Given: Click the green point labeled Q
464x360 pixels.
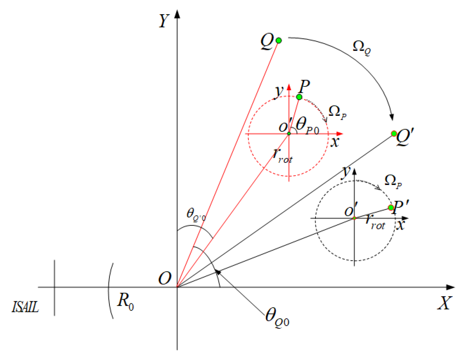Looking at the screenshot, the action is point(278,40).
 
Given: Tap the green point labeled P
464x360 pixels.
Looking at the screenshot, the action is point(299,97).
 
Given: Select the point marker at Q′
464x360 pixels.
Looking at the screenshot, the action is point(394,134).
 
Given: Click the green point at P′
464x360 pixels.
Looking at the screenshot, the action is point(391,207).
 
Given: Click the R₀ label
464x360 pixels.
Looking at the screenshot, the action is point(125,301).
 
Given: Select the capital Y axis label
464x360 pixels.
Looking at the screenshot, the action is point(164,21).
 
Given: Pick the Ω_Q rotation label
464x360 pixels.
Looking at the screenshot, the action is point(361,47).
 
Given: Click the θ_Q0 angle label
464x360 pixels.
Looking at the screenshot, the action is point(277,317).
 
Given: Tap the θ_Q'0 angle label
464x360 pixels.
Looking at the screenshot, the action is point(196,215).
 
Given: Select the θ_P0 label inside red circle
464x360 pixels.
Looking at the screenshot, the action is point(307,125).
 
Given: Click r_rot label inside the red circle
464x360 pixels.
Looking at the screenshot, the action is point(282,156).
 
